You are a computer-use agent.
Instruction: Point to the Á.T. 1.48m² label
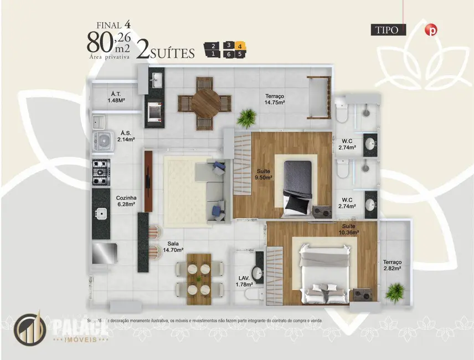click(116, 97)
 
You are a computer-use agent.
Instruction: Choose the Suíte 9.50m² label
click(263, 174)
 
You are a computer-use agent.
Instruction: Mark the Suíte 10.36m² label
click(349, 229)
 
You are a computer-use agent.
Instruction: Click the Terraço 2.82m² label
click(391, 265)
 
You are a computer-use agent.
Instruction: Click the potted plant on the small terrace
click(395, 291)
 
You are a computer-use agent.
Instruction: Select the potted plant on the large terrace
click(246, 117)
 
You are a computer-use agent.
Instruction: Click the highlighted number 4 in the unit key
click(239, 45)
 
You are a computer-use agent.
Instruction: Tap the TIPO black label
click(388, 30)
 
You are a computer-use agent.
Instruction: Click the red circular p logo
click(430, 30)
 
